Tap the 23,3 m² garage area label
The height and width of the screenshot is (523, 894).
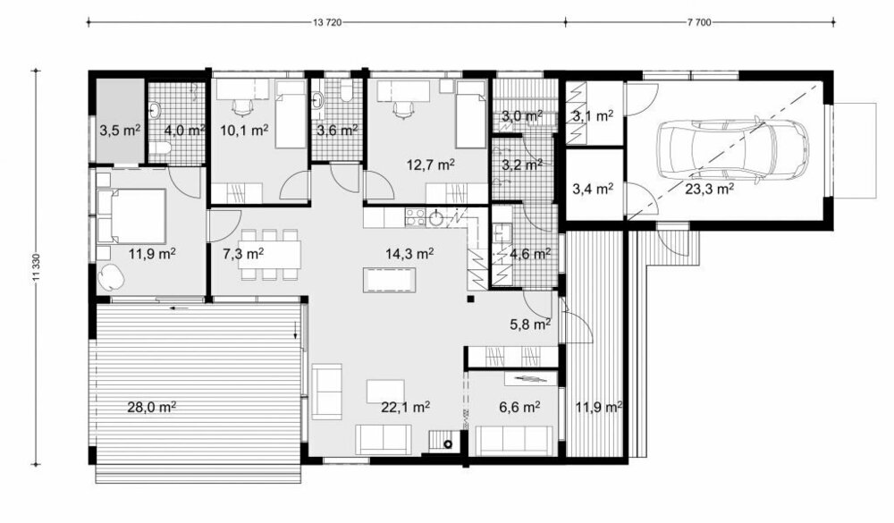[x=709, y=189]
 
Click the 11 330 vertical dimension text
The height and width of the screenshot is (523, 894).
[x=37, y=267]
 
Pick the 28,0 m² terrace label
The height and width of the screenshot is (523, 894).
[x=150, y=407]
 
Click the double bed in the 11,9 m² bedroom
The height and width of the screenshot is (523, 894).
[x=131, y=216]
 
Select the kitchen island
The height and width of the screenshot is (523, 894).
[x=390, y=280]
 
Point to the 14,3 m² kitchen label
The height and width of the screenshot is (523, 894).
[x=409, y=253]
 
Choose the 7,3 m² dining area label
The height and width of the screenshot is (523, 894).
[x=243, y=253]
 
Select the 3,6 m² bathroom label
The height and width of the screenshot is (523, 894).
[x=337, y=131]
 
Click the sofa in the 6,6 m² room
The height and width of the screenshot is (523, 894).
[x=514, y=441]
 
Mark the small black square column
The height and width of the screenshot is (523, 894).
[x=470, y=299]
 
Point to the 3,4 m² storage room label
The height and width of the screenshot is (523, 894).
[x=593, y=188]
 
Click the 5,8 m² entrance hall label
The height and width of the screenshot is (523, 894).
[x=530, y=325]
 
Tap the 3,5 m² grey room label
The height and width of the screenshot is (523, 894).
[x=120, y=131]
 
